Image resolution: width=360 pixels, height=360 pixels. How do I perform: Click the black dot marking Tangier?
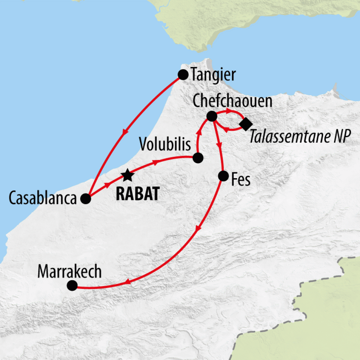pyautogui.click(x=183, y=75)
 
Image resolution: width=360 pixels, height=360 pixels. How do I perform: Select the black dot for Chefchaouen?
pyautogui.click(x=212, y=116)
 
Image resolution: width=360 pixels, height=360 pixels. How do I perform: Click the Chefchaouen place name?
pyautogui.click(x=232, y=101)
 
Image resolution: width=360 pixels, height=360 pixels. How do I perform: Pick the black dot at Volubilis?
pyautogui.click(x=198, y=158)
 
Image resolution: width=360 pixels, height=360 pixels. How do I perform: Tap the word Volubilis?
pyautogui.click(x=165, y=144)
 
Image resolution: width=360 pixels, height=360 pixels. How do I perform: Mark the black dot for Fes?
pyautogui.click(x=223, y=176)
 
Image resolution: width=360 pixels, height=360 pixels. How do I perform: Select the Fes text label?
pyautogui.click(x=241, y=180)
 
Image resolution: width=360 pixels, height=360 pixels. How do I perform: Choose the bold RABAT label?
pyautogui.click(x=137, y=194)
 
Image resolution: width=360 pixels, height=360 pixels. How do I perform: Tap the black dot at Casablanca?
pyautogui.click(x=85, y=199)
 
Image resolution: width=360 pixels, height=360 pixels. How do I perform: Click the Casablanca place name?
pyautogui.click(x=43, y=199)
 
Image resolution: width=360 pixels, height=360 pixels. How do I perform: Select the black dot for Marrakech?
pyautogui.click(x=72, y=285)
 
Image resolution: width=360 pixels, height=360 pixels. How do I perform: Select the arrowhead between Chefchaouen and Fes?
pyautogui.click(x=220, y=144)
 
